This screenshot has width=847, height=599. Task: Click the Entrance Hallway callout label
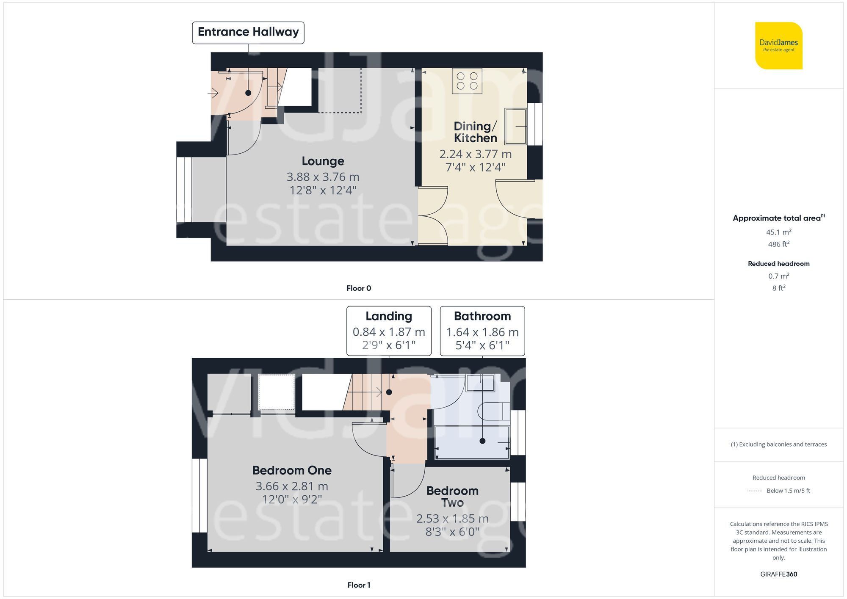point(248,32)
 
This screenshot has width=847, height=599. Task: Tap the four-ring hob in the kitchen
point(467,81)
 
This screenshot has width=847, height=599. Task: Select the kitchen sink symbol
point(515,126)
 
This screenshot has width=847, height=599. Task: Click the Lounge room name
point(323,161)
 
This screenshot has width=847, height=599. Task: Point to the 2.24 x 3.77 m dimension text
point(475,154)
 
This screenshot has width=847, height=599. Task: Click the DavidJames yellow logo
point(778,46)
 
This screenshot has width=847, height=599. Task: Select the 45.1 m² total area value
point(778,232)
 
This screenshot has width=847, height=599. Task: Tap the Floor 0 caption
point(359,288)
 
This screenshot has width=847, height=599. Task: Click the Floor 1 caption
point(359,585)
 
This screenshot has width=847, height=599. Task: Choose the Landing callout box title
point(389,316)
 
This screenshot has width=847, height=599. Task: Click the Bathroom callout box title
point(482,316)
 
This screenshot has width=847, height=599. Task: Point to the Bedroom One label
point(292,470)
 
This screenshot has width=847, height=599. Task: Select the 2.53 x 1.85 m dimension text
point(452,519)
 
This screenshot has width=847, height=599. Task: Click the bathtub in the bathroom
point(472,442)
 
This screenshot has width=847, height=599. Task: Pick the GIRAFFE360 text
point(778,574)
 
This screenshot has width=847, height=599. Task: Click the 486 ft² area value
point(778,244)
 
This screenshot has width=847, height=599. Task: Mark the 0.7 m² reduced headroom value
point(778,276)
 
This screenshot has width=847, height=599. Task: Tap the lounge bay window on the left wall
point(184,190)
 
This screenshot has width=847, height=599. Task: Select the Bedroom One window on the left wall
point(199,495)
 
